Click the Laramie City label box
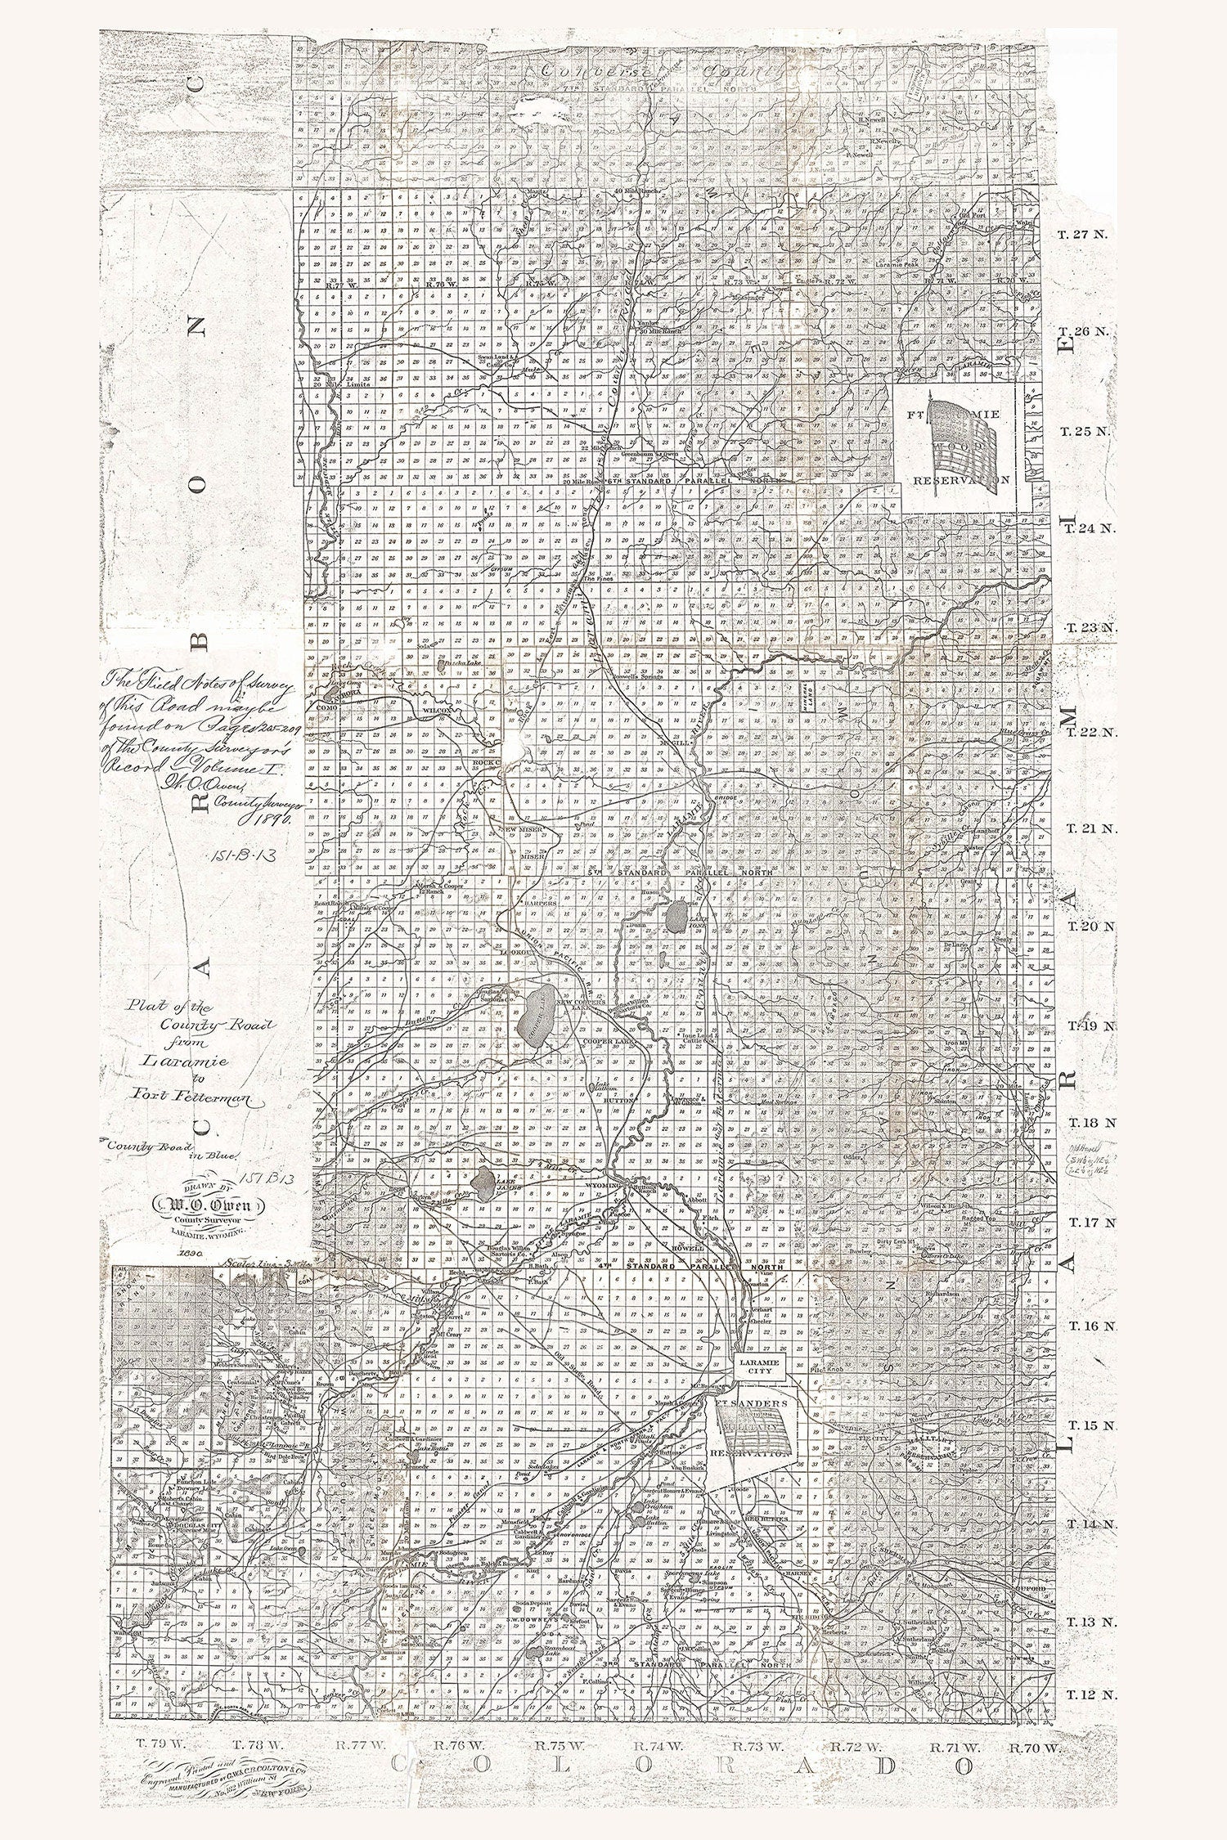760,1366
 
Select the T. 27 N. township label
1081,234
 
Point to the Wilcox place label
438,711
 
